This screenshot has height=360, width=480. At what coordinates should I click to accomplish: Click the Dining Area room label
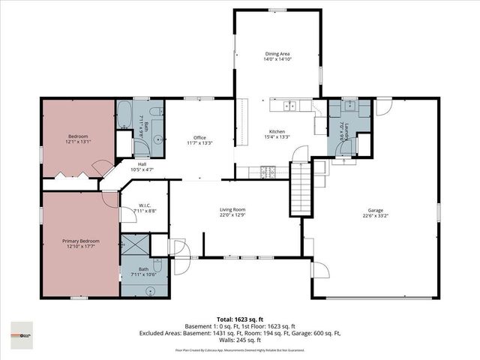[x=277, y=53]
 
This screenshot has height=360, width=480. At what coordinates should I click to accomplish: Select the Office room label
[x=199, y=137]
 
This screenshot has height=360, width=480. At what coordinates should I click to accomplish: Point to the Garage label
[x=375, y=209]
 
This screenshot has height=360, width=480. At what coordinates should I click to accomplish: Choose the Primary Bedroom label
[x=79, y=241]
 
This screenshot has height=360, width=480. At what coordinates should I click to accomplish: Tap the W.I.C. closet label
[x=144, y=205]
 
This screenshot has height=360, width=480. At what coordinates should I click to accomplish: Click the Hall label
[x=142, y=164]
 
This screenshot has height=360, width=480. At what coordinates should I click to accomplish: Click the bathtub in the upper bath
[x=124, y=116]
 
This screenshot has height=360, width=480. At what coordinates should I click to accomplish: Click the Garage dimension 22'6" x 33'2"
[x=375, y=216]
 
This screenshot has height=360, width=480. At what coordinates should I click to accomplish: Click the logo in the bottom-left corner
[x=22, y=331]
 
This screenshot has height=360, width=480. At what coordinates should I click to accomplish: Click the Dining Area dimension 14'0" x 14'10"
[x=277, y=60]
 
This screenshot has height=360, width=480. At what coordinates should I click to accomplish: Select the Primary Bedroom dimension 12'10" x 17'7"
[x=79, y=247]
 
